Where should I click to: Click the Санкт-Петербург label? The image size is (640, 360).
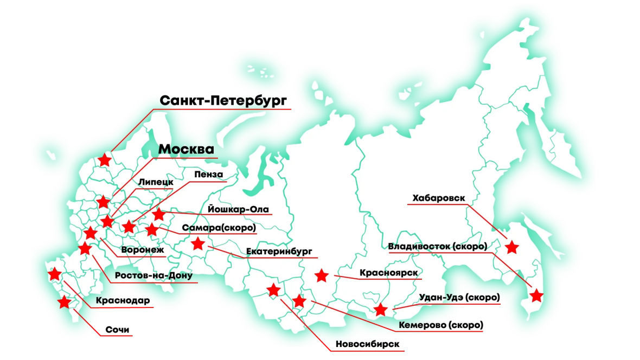[222, 101]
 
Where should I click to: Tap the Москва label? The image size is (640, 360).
[187, 149]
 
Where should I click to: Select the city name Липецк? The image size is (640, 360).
[156, 182]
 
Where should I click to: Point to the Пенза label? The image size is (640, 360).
[208, 175]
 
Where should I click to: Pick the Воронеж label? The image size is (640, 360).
[143, 250]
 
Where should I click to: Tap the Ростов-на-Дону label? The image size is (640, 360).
[154, 275]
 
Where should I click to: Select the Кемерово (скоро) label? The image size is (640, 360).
[440, 325]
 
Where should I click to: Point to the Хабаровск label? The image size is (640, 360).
[438, 198]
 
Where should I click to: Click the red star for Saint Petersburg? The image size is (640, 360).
[105, 160]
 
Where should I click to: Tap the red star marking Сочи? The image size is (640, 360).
[65, 301]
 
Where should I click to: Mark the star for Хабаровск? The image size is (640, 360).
[511, 248]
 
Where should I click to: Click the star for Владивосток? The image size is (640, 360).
[536, 295]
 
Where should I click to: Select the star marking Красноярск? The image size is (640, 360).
[322, 275]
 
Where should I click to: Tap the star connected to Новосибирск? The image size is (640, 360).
[273, 290]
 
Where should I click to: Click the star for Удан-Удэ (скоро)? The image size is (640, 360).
[381, 310]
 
